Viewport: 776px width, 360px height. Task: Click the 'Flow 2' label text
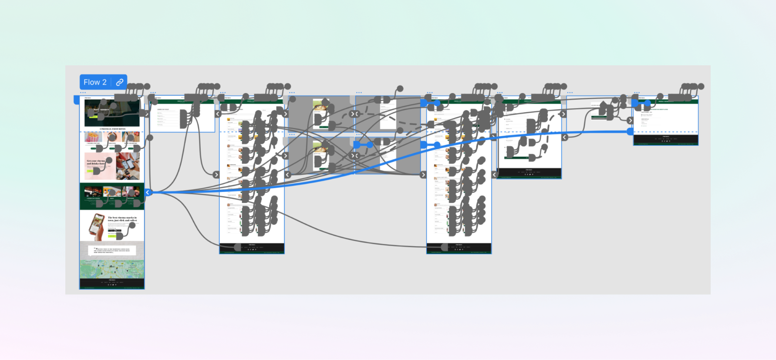[x=95, y=82]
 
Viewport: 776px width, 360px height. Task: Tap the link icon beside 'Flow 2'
[x=119, y=82]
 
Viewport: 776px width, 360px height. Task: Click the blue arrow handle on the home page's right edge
[x=148, y=192]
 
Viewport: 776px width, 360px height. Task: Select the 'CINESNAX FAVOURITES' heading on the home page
[x=112, y=129]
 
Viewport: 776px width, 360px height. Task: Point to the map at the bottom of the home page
[x=112, y=269]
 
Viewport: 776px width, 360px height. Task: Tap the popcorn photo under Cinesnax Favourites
[x=93, y=137]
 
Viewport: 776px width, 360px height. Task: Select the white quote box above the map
[x=112, y=250]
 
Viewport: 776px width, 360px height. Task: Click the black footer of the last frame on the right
[x=665, y=139]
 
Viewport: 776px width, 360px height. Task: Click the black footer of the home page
[x=112, y=282]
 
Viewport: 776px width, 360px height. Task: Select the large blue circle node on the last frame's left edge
[x=630, y=131]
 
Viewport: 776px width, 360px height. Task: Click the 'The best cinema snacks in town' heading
[x=122, y=219]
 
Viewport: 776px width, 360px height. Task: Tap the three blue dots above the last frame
[x=637, y=93]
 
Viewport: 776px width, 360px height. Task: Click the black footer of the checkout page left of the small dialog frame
[x=529, y=172]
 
